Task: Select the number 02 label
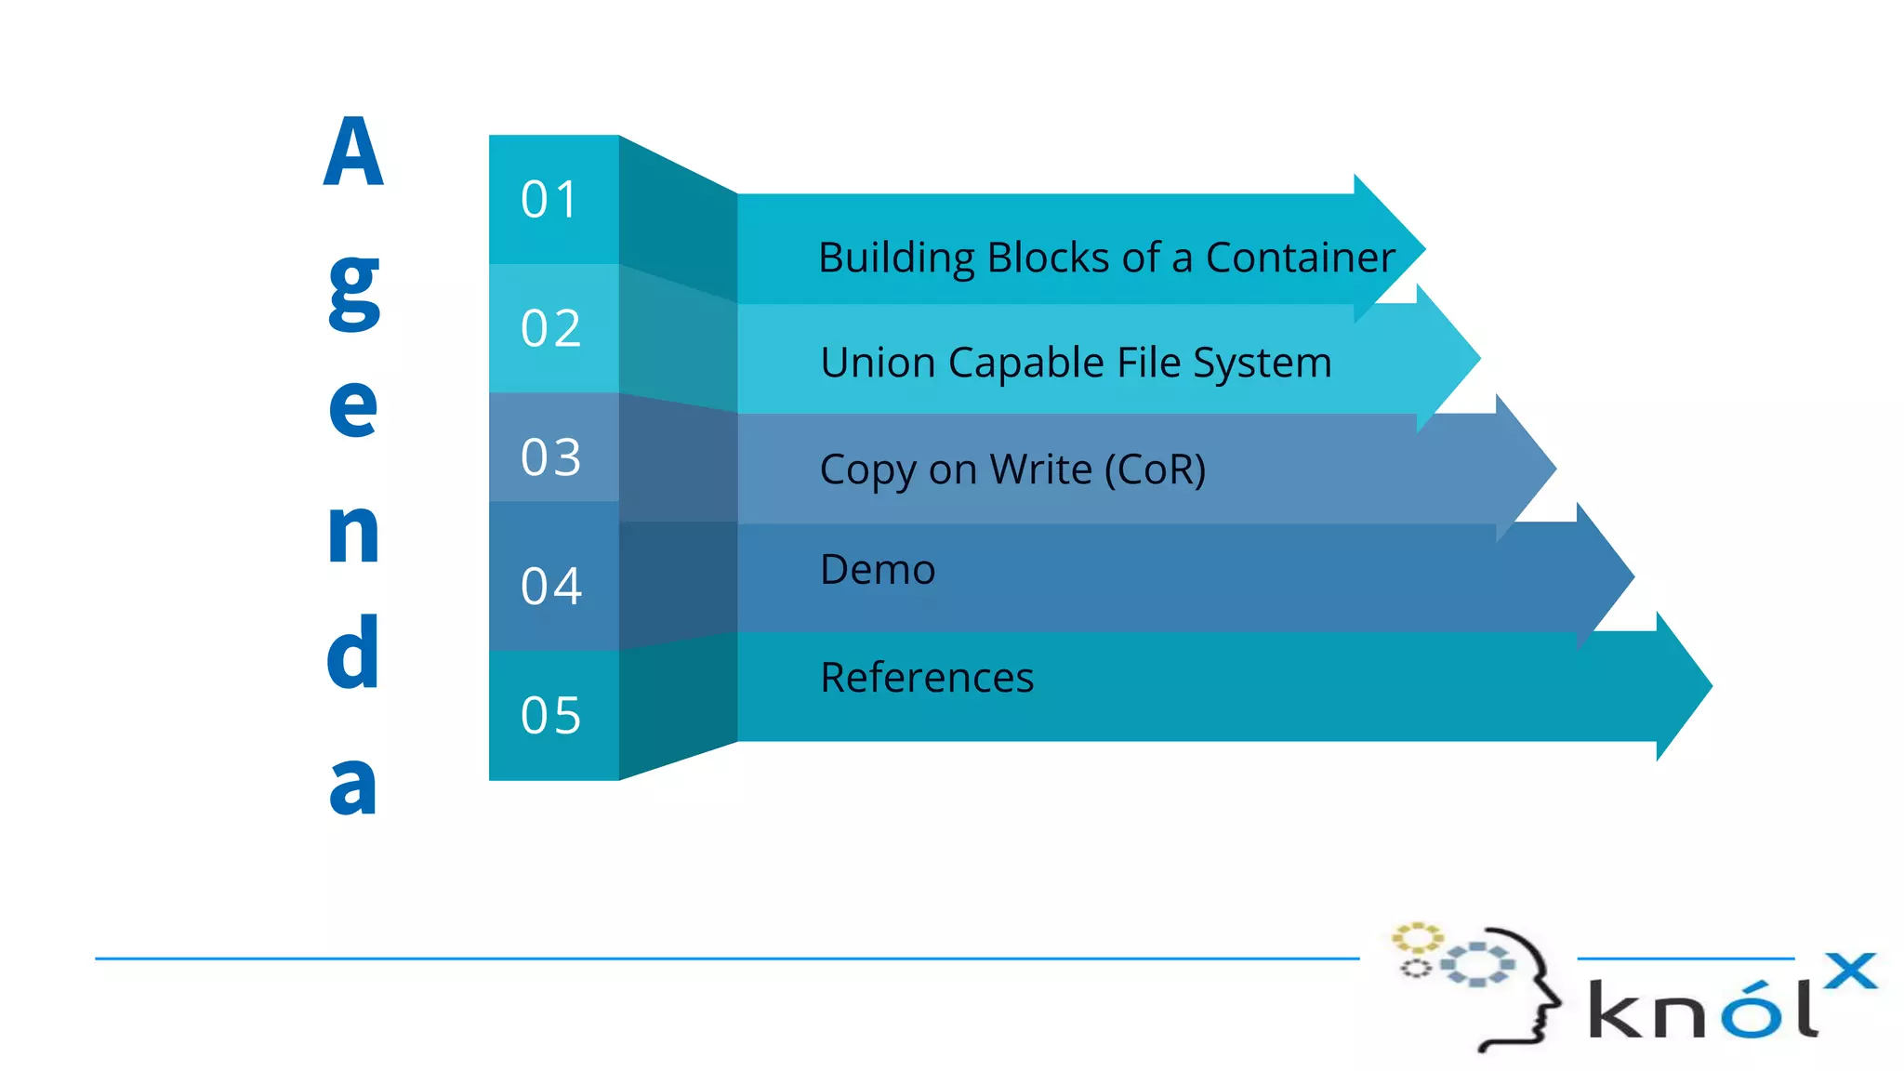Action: tap(550, 328)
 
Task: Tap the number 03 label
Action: tap(550, 457)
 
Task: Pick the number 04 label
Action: tap(550, 587)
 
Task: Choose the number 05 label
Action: tap(550, 716)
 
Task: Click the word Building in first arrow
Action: tap(896, 258)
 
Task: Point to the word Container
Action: tap(1300, 258)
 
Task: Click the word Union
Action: tap(877, 363)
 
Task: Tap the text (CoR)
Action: tap(1155, 469)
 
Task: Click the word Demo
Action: tap(878, 569)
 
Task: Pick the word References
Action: tap(927, 677)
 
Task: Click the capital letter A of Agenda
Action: tap(353, 152)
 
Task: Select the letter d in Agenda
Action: tap(353, 653)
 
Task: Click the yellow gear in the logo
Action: tap(1417, 937)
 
